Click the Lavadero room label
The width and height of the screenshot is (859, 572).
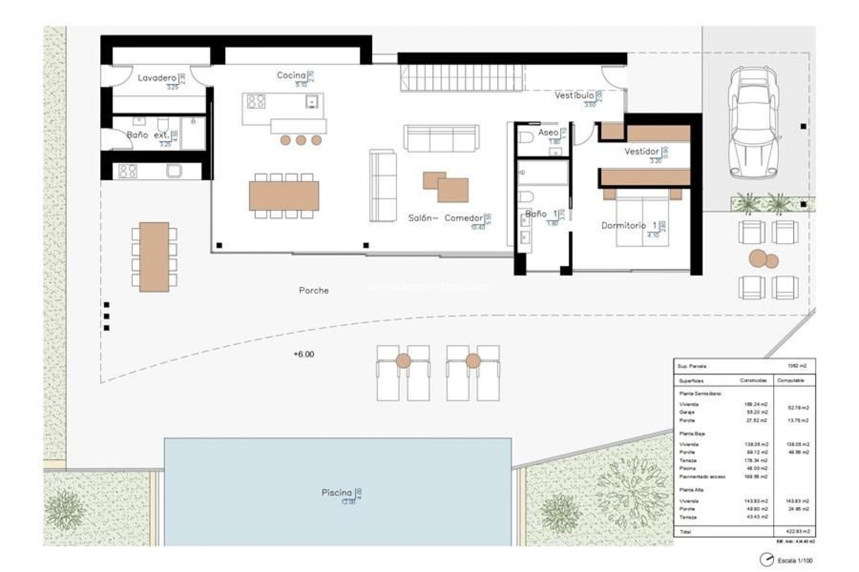click(x=157, y=78)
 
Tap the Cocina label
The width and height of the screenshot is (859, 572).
click(x=291, y=76)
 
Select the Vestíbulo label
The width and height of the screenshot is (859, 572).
click(x=574, y=95)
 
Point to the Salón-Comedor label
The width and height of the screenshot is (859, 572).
click(x=445, y=218)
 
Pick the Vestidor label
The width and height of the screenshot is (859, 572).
click(x=642, y=151)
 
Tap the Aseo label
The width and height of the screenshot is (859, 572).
click(x=548, y=133)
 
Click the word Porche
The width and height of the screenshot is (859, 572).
click(x=314, y=290)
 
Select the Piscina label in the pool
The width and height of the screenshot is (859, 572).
click(x=336, y=492)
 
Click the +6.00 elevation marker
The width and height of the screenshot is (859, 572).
click(x=304, y=354)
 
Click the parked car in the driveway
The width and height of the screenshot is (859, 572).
click(x=753, y=123)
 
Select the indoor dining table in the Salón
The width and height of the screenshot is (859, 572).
click(x=284, y=196)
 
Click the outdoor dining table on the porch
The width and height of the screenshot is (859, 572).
click(x=154, y=257)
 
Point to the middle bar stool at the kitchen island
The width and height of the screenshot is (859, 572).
click(x=301, y=140)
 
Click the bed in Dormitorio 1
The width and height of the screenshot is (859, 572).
click(x=642, y=219)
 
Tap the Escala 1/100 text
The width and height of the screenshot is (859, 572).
click(x=795, y=560)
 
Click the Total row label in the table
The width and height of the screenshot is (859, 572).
click(x=685, y=532)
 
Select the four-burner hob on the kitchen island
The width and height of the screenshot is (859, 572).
click(x=256, y=101)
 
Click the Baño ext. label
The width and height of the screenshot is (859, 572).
click(x=148, y=135)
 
